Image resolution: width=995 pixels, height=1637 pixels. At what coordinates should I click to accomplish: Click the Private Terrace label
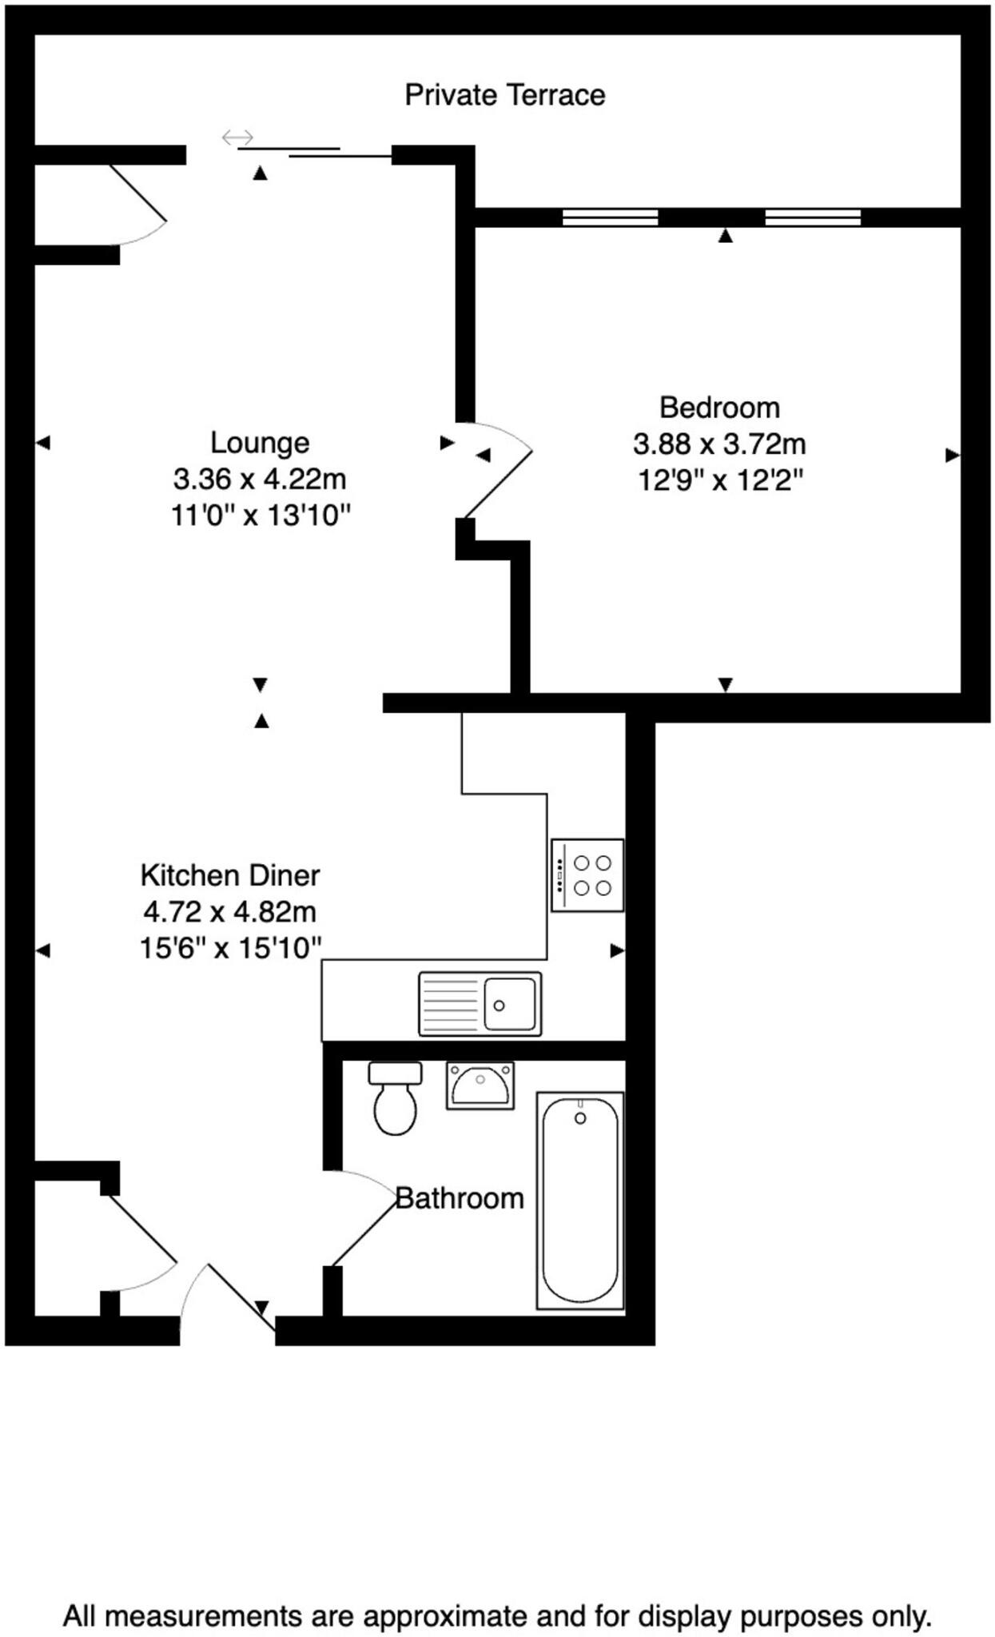coord(504,95)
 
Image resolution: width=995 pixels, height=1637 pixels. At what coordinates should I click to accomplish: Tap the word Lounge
coord(259,442)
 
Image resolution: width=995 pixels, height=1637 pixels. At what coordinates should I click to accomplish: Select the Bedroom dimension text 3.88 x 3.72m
coord(719,444)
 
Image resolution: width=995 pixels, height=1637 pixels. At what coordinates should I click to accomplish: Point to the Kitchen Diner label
coord(230,875)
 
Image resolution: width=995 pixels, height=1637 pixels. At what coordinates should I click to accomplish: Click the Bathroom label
coord(460,1198)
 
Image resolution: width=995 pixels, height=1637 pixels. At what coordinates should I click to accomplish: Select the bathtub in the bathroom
coord(580,1201)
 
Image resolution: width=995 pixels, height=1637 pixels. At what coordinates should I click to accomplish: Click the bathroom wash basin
coord(480,1085)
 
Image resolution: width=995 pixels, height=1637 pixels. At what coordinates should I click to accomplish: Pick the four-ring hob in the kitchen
coord(587,875)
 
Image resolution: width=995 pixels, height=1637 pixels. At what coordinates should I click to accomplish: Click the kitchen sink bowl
coord(509,1004)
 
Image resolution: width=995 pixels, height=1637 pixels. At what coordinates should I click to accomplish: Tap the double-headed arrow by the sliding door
coord(237,137)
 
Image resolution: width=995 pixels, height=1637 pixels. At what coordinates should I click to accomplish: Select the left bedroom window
coord(610,217)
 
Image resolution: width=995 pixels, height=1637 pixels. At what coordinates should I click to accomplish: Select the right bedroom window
coord(813,217)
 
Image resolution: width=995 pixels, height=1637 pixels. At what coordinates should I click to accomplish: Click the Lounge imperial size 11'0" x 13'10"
coord(261,516)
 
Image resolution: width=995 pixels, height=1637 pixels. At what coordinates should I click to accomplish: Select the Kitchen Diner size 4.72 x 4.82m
coord(230,911)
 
